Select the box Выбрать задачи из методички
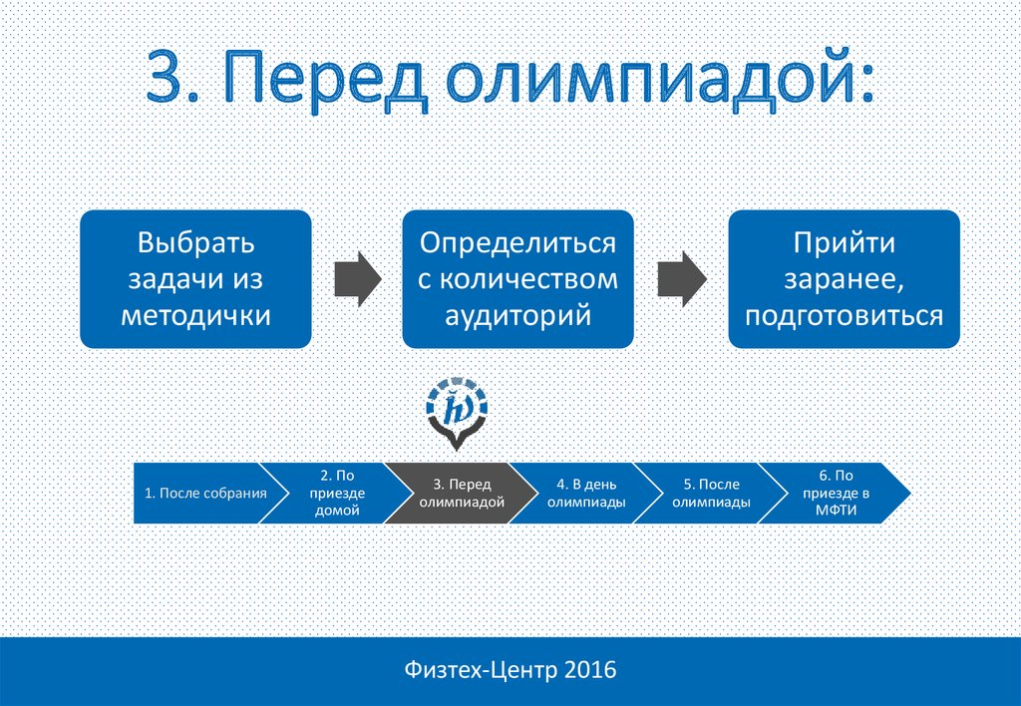click(x=195, y=279)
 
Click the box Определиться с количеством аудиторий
click(x=517, y=279)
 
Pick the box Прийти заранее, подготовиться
click(x=844, y=279)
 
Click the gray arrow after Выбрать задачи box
click(x=358, y=279)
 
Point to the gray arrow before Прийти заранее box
click(x=682, y=279)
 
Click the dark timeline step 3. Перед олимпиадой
click(x=462, y=493)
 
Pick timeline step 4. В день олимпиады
click(x=586, y=493)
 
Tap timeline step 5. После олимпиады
click(x=711, y=493)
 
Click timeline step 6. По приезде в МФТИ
click(x=837, y=493)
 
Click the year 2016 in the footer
click(x=590, y=670)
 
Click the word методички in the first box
click(x=195, y=315)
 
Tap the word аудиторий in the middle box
click(x=517, y=316)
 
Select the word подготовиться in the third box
click(x=844, y=316)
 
